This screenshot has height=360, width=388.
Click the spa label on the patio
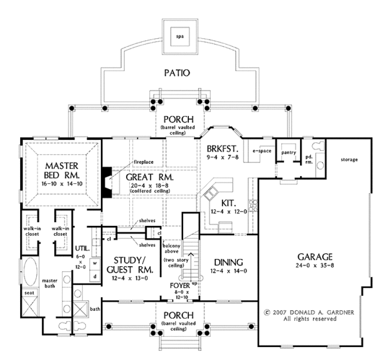coord(180,36)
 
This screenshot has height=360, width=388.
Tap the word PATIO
coord(177,73)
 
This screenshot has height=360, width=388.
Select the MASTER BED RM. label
coord(62,170)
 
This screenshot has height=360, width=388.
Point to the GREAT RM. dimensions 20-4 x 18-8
coord(147,185)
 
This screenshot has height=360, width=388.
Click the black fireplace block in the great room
coord(107,183)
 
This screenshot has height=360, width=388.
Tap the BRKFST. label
coord(222,149)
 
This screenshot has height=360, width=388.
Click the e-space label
coord(262,151)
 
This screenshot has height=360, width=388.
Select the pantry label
coord(288,153)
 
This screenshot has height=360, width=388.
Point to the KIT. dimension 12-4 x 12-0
coord(229,212)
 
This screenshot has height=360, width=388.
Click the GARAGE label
coord(315,257)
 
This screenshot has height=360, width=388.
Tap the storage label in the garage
coord(349,160)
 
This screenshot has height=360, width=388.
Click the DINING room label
coord(228,262)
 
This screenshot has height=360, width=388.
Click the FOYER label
coord(180,286)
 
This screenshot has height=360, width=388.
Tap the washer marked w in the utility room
coord(95,264)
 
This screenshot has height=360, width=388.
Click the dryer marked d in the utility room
coord(95,276)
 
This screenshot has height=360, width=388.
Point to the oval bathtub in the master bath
coord(30,271)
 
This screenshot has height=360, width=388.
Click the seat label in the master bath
coord(29,293)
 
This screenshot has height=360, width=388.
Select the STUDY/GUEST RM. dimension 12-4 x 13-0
coord(130,278)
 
